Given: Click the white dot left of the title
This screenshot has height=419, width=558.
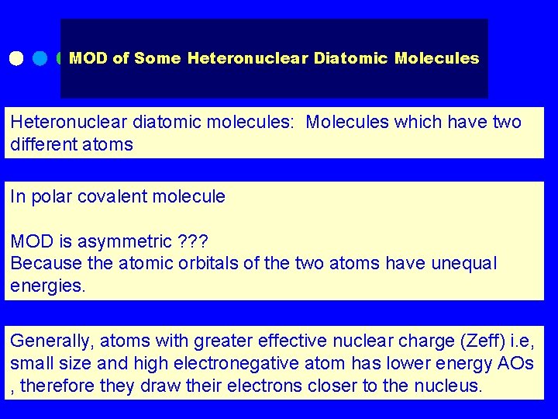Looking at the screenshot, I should point(16,58).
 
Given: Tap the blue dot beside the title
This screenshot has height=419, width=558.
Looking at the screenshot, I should point(40,58).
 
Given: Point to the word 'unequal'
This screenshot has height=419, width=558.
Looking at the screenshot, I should point(464,264).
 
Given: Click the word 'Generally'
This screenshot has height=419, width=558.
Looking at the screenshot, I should point(47,341).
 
